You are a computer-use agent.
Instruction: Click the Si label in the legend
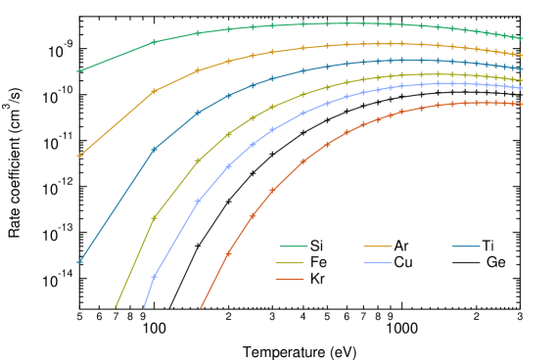tap(316, 245)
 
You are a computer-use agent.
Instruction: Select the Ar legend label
tap(401, 245)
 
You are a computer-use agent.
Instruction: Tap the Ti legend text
tap(487, 245)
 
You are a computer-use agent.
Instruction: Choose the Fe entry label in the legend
tap(318, 262)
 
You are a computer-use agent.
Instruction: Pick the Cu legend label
tap(403, 262)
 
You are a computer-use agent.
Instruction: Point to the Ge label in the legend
tap(495, 262)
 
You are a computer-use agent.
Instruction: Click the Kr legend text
tap(317, 280)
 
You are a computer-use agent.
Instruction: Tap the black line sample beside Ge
tap(465, 262)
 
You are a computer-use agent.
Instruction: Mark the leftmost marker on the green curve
tap(80, 70)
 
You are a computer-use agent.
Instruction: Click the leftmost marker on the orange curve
tap(80, 156)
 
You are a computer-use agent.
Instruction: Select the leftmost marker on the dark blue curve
tap(80, 262)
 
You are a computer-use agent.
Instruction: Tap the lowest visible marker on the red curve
tap(228, 253)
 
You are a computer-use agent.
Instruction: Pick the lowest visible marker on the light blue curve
tap(154, 277)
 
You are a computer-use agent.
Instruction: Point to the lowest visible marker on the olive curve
tap(154, 217)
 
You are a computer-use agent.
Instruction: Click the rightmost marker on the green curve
tap(521, 38)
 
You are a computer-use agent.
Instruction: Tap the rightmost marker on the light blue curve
tap(521, 89)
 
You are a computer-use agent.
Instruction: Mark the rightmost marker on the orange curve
tap(521, 55)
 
